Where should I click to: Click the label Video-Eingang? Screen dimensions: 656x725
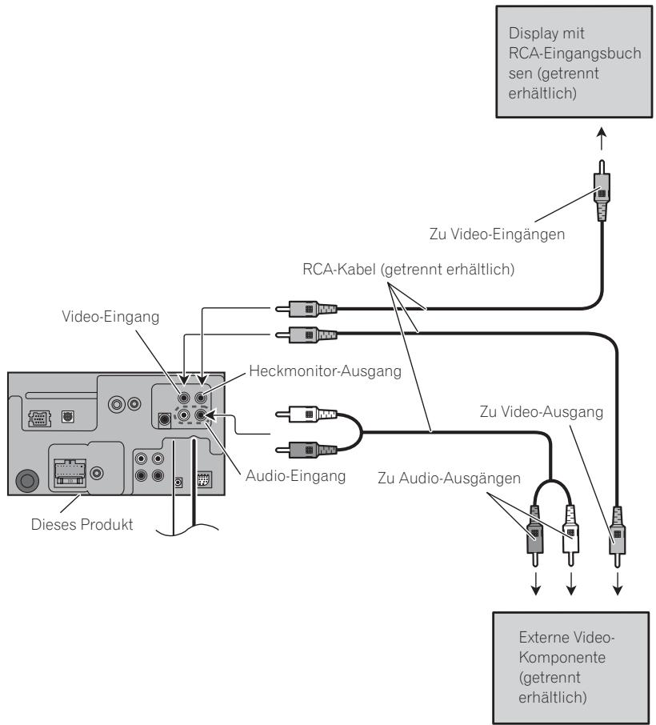pyautogui.click(x=110, y=317)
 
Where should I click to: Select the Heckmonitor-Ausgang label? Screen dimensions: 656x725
pyautogui.click(x=325, y=371)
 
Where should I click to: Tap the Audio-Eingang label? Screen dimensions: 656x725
pyautogui.click(x=295, y=476)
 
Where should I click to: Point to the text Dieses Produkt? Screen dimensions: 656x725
pyautogui.click(x=82, y=524)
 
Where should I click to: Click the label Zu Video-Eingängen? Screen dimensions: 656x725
pyautogui.click(x=497, y=234)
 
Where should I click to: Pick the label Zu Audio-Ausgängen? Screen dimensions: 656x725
pyautogui.click(x=449, y=478)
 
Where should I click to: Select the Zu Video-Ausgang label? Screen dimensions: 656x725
pyautogui.click(x=542, y=411)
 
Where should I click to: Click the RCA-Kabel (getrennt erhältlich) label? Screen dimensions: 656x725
pyautogui.click(x=408, y=269)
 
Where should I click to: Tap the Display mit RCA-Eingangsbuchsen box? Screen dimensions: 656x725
pyautogui.click(x=574, y=62)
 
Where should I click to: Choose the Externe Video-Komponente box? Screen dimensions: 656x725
pyautogui.click(x=571, y=667)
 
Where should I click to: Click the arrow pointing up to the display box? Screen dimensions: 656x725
pyautogui.click(x=602, y=138)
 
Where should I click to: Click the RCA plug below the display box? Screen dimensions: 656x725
pyautogui.click(x=602, y=190)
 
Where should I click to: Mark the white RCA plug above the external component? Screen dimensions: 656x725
pyautogui.click(x=570, y=535)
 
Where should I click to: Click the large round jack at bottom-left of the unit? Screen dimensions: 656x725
pyautogui.click(x=27, y=481)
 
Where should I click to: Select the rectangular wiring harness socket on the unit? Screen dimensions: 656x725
pyautogui.click(x=70, y=473)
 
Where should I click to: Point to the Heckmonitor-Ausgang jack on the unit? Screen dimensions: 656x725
pyautogui.click(x=201, y=397)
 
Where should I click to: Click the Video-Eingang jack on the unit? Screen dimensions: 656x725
pyautogui.click(x=184, y=397)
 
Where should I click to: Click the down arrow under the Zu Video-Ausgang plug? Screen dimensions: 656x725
pyautogui.click(x=617, y=584)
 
